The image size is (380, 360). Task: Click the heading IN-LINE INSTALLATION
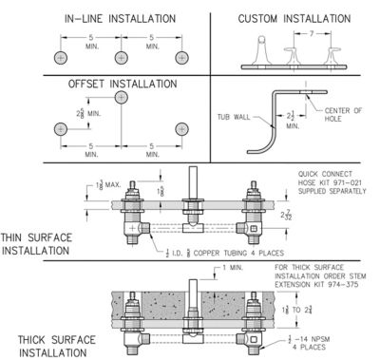click(x=119, y=18)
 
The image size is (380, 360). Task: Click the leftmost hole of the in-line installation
click(x=61, y=57)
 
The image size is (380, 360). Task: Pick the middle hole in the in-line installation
click(x=122, y=57)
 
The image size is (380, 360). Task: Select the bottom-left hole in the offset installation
click(x=61, y=129)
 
